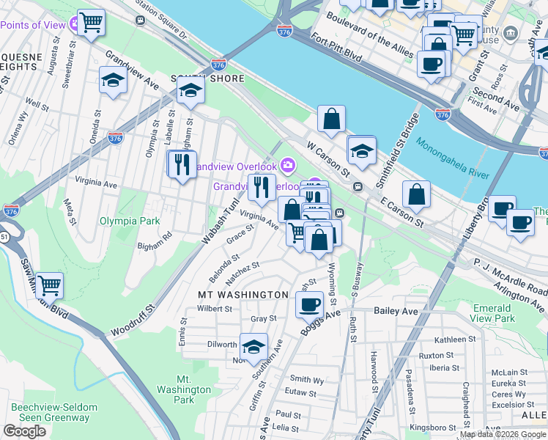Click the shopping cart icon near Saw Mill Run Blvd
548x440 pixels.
point(49,285)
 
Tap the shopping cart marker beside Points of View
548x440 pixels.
point(91,23)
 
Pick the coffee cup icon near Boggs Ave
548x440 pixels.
point(309,304)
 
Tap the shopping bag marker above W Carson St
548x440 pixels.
point(331,118)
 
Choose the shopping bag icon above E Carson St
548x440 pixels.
point(416,194)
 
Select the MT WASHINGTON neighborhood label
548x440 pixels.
point(243,294)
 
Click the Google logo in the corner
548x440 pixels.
point(24,431)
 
